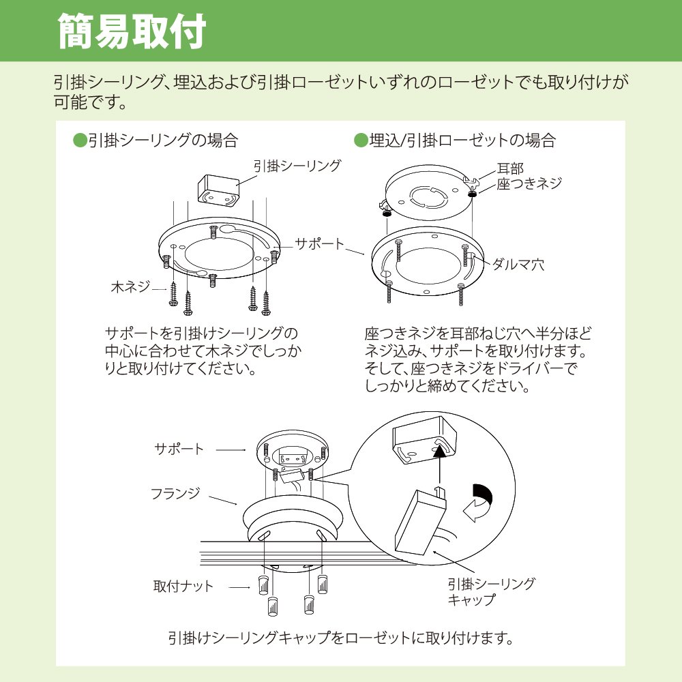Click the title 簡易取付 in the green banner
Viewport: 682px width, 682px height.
[131, 31]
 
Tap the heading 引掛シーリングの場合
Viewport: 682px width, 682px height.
[163, 141]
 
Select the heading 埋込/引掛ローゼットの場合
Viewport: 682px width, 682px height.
[462, 141]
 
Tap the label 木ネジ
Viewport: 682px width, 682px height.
[130, 287]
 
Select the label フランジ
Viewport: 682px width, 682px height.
[175, 493]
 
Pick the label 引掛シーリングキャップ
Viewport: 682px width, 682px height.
[491, 591]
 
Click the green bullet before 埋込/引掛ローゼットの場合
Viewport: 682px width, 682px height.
[361, 141]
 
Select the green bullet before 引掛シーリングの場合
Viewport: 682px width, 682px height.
[80, 141]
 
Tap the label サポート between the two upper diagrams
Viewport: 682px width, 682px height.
[319, 243]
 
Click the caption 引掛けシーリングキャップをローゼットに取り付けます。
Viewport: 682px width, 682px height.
[340, 639]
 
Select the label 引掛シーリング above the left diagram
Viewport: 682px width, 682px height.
[297, 165]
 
